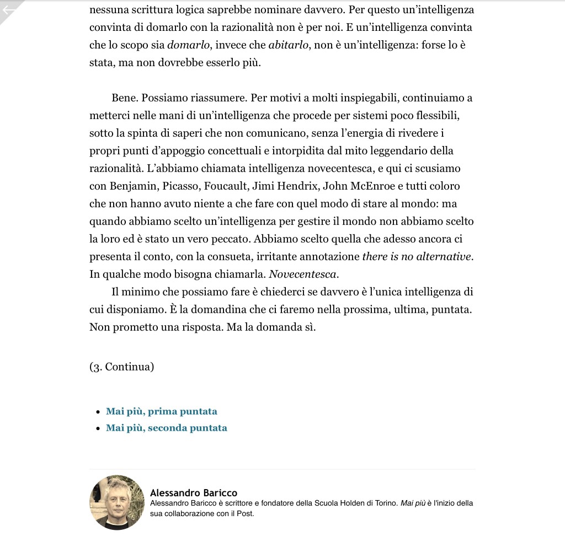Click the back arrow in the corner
pyautogui.click(x=9, y=10)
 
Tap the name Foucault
pyautogui.click(x=228, y=186)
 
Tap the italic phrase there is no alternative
pyautogui.click(x=417, y=256)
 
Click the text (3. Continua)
pyautogui.click(x=121, y=367)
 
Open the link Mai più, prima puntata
pyautogui.click(x=162, y=411)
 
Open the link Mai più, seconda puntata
pyautogui.click(x=167, y=428)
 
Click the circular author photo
pyautogui.click(x=116, y=502)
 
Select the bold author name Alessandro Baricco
pyautogui.click(x=194, y=492)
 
